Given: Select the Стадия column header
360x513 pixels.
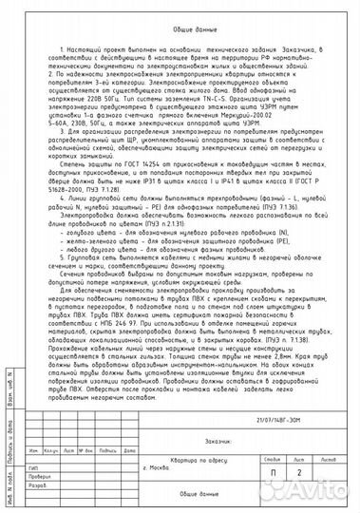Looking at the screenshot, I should tap(275, 459).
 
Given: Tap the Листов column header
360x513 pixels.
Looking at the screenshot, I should tap(329, 459).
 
